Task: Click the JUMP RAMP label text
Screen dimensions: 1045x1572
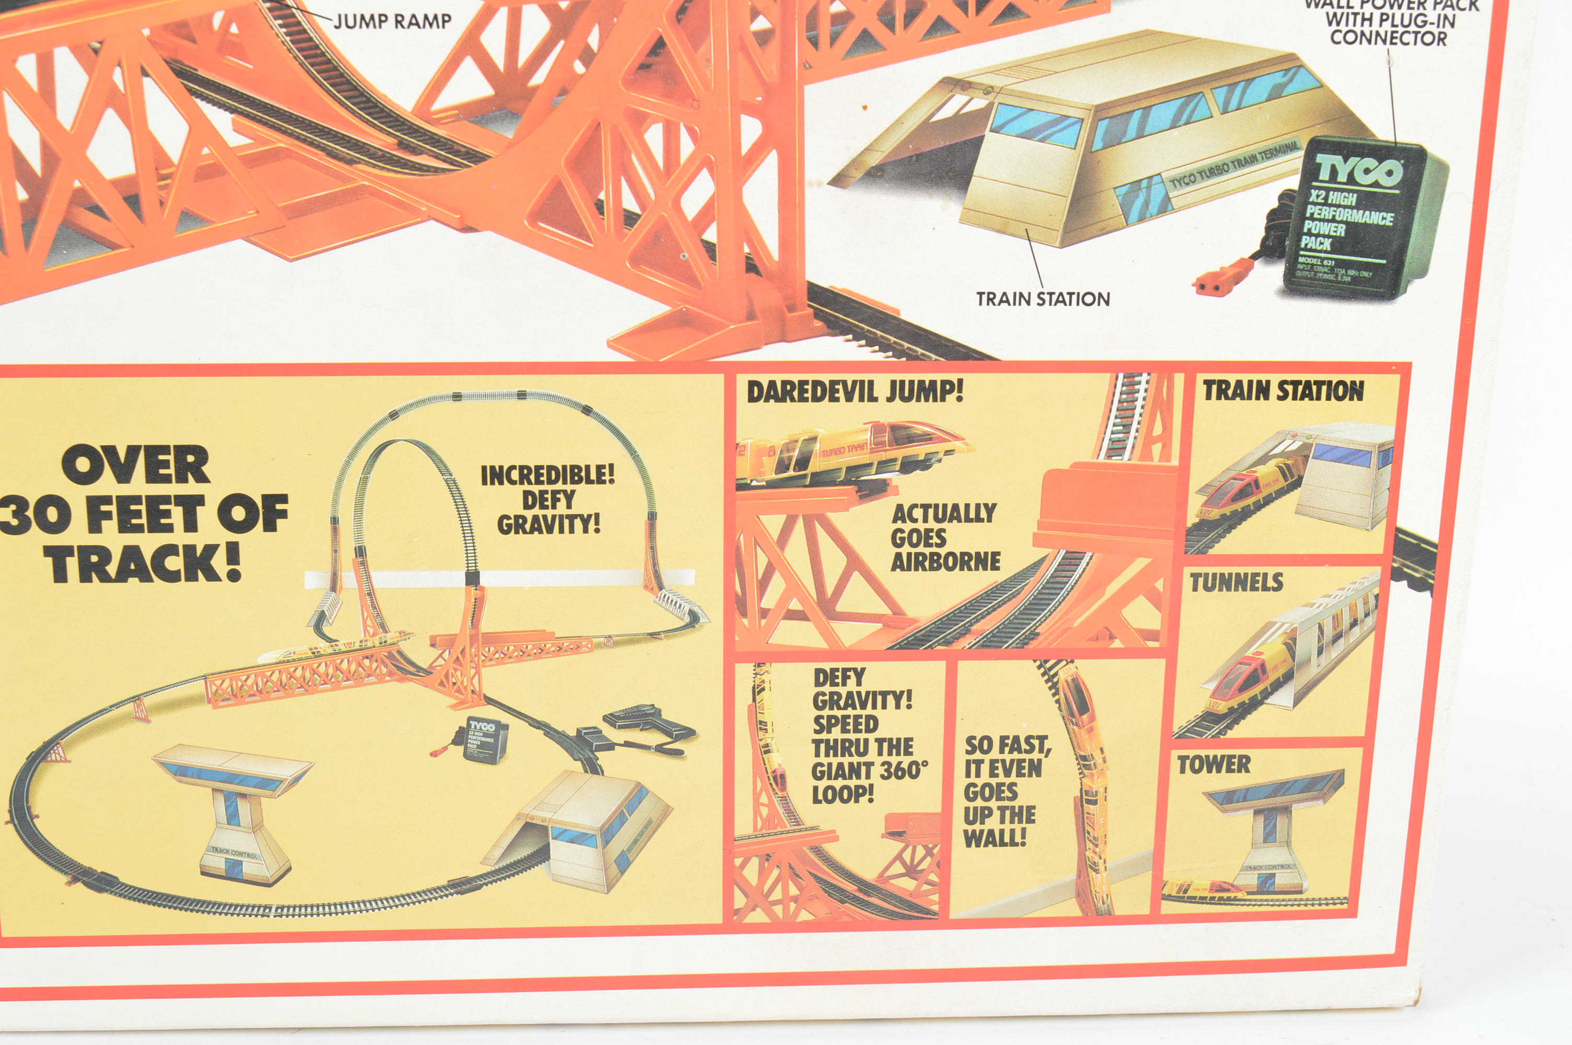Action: click(392, 21)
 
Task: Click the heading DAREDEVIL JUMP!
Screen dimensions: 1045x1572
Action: click(855, 392)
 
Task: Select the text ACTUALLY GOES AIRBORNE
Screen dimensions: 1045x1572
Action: click(944, 538)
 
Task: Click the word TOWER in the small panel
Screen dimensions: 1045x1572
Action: click(1213, 764)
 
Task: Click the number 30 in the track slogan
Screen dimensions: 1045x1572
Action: click(33, 515)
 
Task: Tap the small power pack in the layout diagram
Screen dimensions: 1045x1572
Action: click(484, 740)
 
